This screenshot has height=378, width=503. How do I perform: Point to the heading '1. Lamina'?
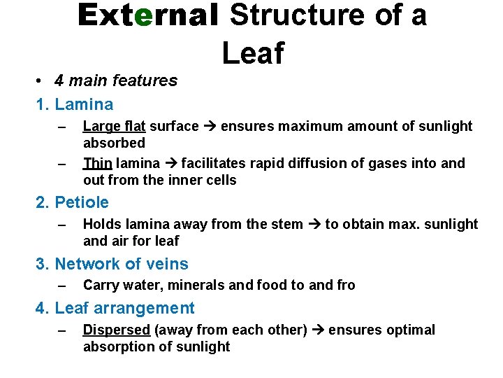point(74,105)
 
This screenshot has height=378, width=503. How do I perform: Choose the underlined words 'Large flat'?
point(114,127)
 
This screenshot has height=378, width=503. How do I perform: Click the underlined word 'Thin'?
point(97,164)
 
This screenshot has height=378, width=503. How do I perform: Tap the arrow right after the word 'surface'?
point(210,127)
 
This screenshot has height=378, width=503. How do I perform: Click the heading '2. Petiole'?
point(72,203)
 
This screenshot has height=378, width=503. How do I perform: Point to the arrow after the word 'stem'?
point(314,225)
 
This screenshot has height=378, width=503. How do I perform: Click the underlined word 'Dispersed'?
point(116,330)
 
